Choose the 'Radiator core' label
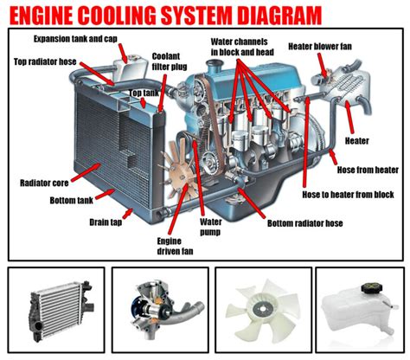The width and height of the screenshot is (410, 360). tap(43, 183)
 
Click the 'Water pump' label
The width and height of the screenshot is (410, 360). tap(212, 227)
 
